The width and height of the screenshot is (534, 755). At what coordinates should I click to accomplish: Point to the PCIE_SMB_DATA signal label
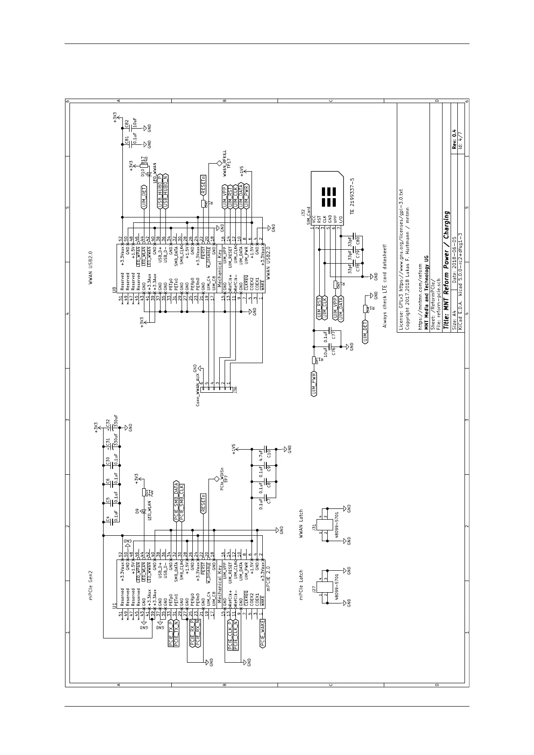coord(176,501)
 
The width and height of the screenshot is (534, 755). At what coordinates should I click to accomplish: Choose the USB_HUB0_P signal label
coord(160,190)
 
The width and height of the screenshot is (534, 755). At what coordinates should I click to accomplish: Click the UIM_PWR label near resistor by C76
coord(314,383)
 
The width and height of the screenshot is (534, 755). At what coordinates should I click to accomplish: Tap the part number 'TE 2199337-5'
coord(353,196)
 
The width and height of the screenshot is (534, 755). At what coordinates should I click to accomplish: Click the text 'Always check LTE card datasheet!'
coord(384,286)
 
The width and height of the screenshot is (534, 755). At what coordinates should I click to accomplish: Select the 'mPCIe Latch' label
coord(301,585)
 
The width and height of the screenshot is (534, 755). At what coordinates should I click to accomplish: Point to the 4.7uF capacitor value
coord(261,456)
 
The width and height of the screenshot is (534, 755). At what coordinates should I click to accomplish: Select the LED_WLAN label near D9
coord(149,510)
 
